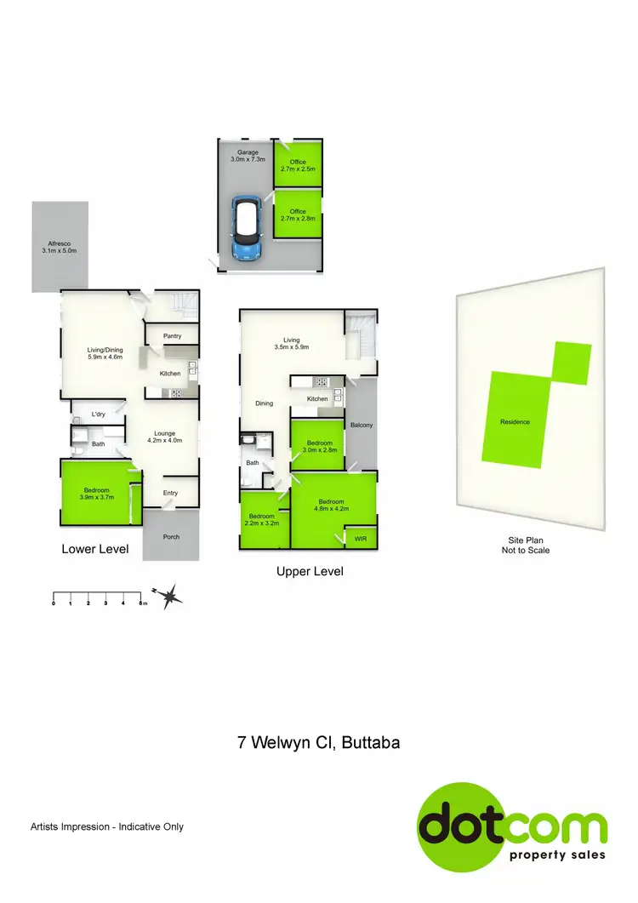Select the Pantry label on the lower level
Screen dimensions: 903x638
174,336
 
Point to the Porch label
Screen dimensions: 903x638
171,537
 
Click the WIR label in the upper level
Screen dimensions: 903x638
361,539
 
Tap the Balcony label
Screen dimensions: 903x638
362,425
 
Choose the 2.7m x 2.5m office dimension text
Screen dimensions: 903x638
298,169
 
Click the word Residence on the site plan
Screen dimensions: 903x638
515,422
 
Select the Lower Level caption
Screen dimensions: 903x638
95,550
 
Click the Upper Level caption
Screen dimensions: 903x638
310,572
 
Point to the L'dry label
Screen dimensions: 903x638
98,414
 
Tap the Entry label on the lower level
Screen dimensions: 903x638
171,492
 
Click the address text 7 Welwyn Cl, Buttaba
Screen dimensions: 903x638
318,743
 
